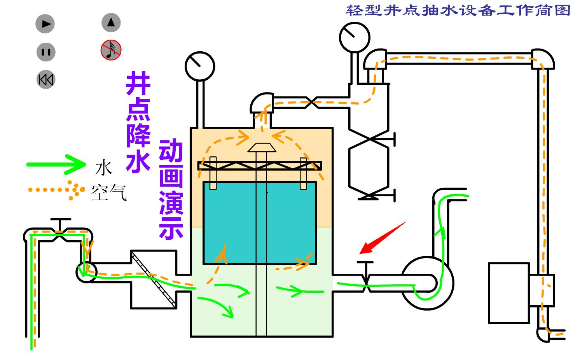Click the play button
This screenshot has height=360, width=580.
tap(45, 24)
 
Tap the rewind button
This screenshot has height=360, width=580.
tap(46, 80)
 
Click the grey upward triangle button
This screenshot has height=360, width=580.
tap(111, 23)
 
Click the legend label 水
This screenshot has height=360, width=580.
tap(103, 168)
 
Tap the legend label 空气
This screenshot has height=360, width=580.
tap(109, 192)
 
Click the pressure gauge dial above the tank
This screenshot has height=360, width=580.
tap(200, 66)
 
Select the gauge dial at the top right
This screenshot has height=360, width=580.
tap(355, 37)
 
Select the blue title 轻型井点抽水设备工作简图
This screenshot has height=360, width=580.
tap(458, 10)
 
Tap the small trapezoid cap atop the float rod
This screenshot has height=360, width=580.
tap(262, 147)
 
